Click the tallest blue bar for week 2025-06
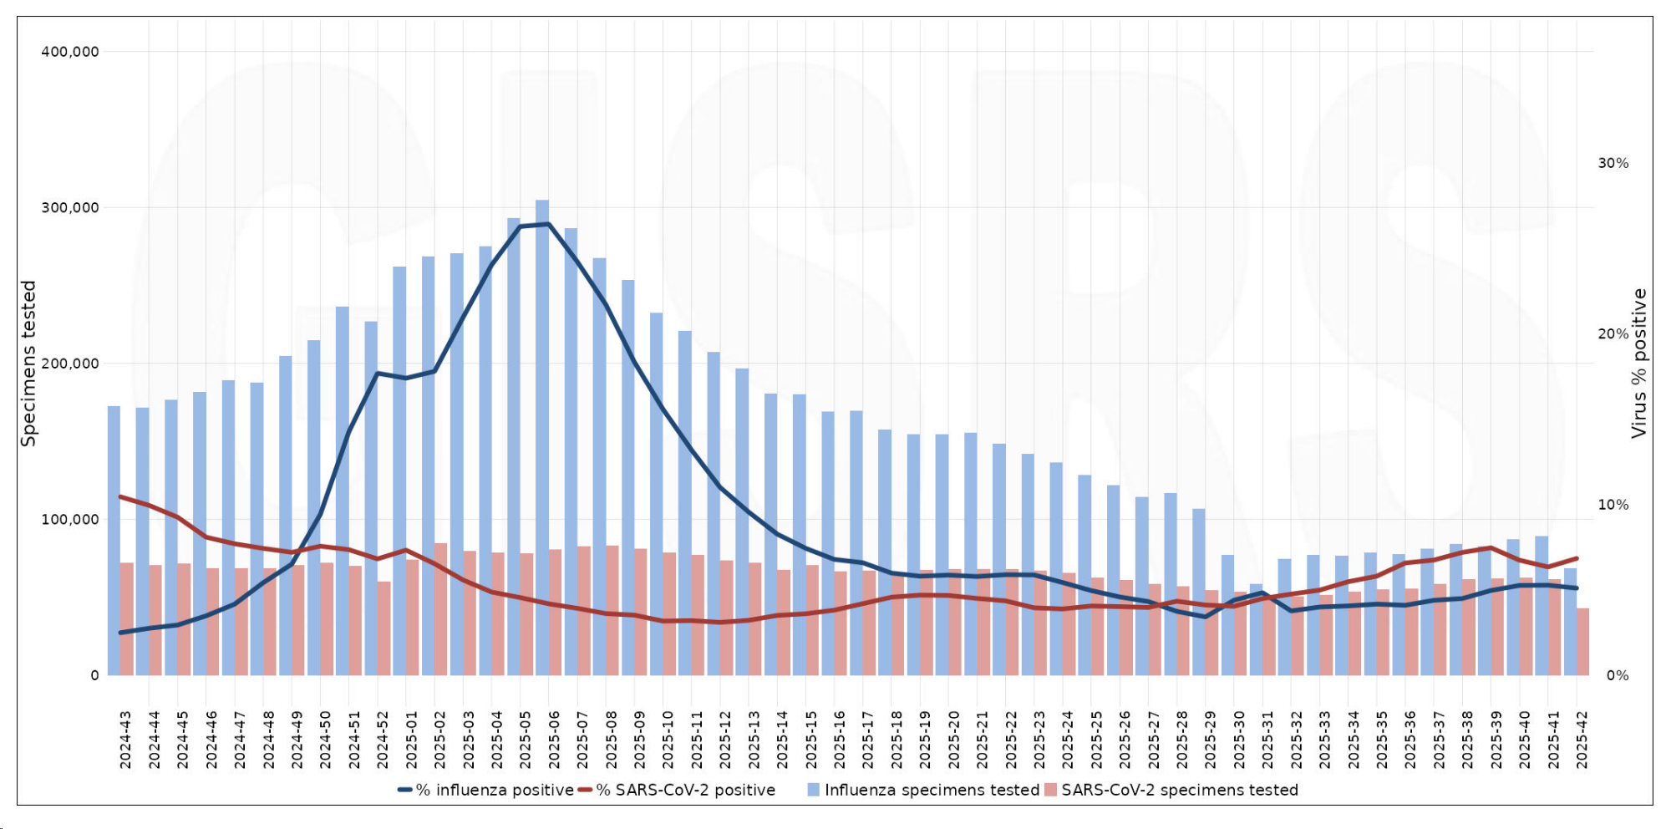click(x=542, y=435)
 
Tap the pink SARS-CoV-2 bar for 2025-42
click(x=1582, y=641)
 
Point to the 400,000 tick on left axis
click(x=70, y=52)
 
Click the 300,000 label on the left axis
click(x=70, y=207)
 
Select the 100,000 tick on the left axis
click(x=70, y=519)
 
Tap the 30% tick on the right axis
click(x=1613, y=163)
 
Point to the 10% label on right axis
click(x=1613, y=505)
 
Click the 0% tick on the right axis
click(x=1617, y=675)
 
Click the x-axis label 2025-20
click(x=953, y=740)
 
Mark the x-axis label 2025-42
click(x=1582, y=740)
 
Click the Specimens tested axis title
click(x=29, y=364)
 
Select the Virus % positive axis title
click(x=1638, y=364)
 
